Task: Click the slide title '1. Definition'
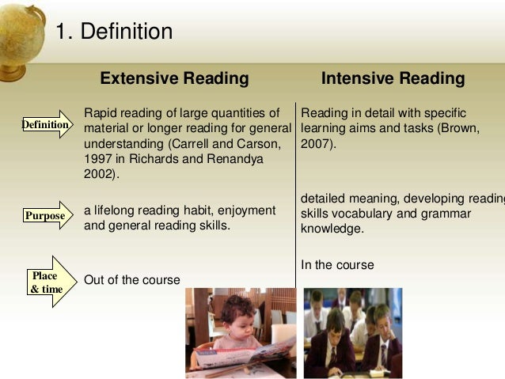(113, 32)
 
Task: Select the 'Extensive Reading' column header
(174, 79)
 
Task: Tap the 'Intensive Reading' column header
(393, 79)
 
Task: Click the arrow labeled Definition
(46, 125)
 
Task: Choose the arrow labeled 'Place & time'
(49, 282)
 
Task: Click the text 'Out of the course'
(131, 280)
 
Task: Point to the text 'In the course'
(337, 264)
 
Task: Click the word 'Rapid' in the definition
(100, 113)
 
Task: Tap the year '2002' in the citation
(99, 175)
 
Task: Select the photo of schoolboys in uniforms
(352, 332)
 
